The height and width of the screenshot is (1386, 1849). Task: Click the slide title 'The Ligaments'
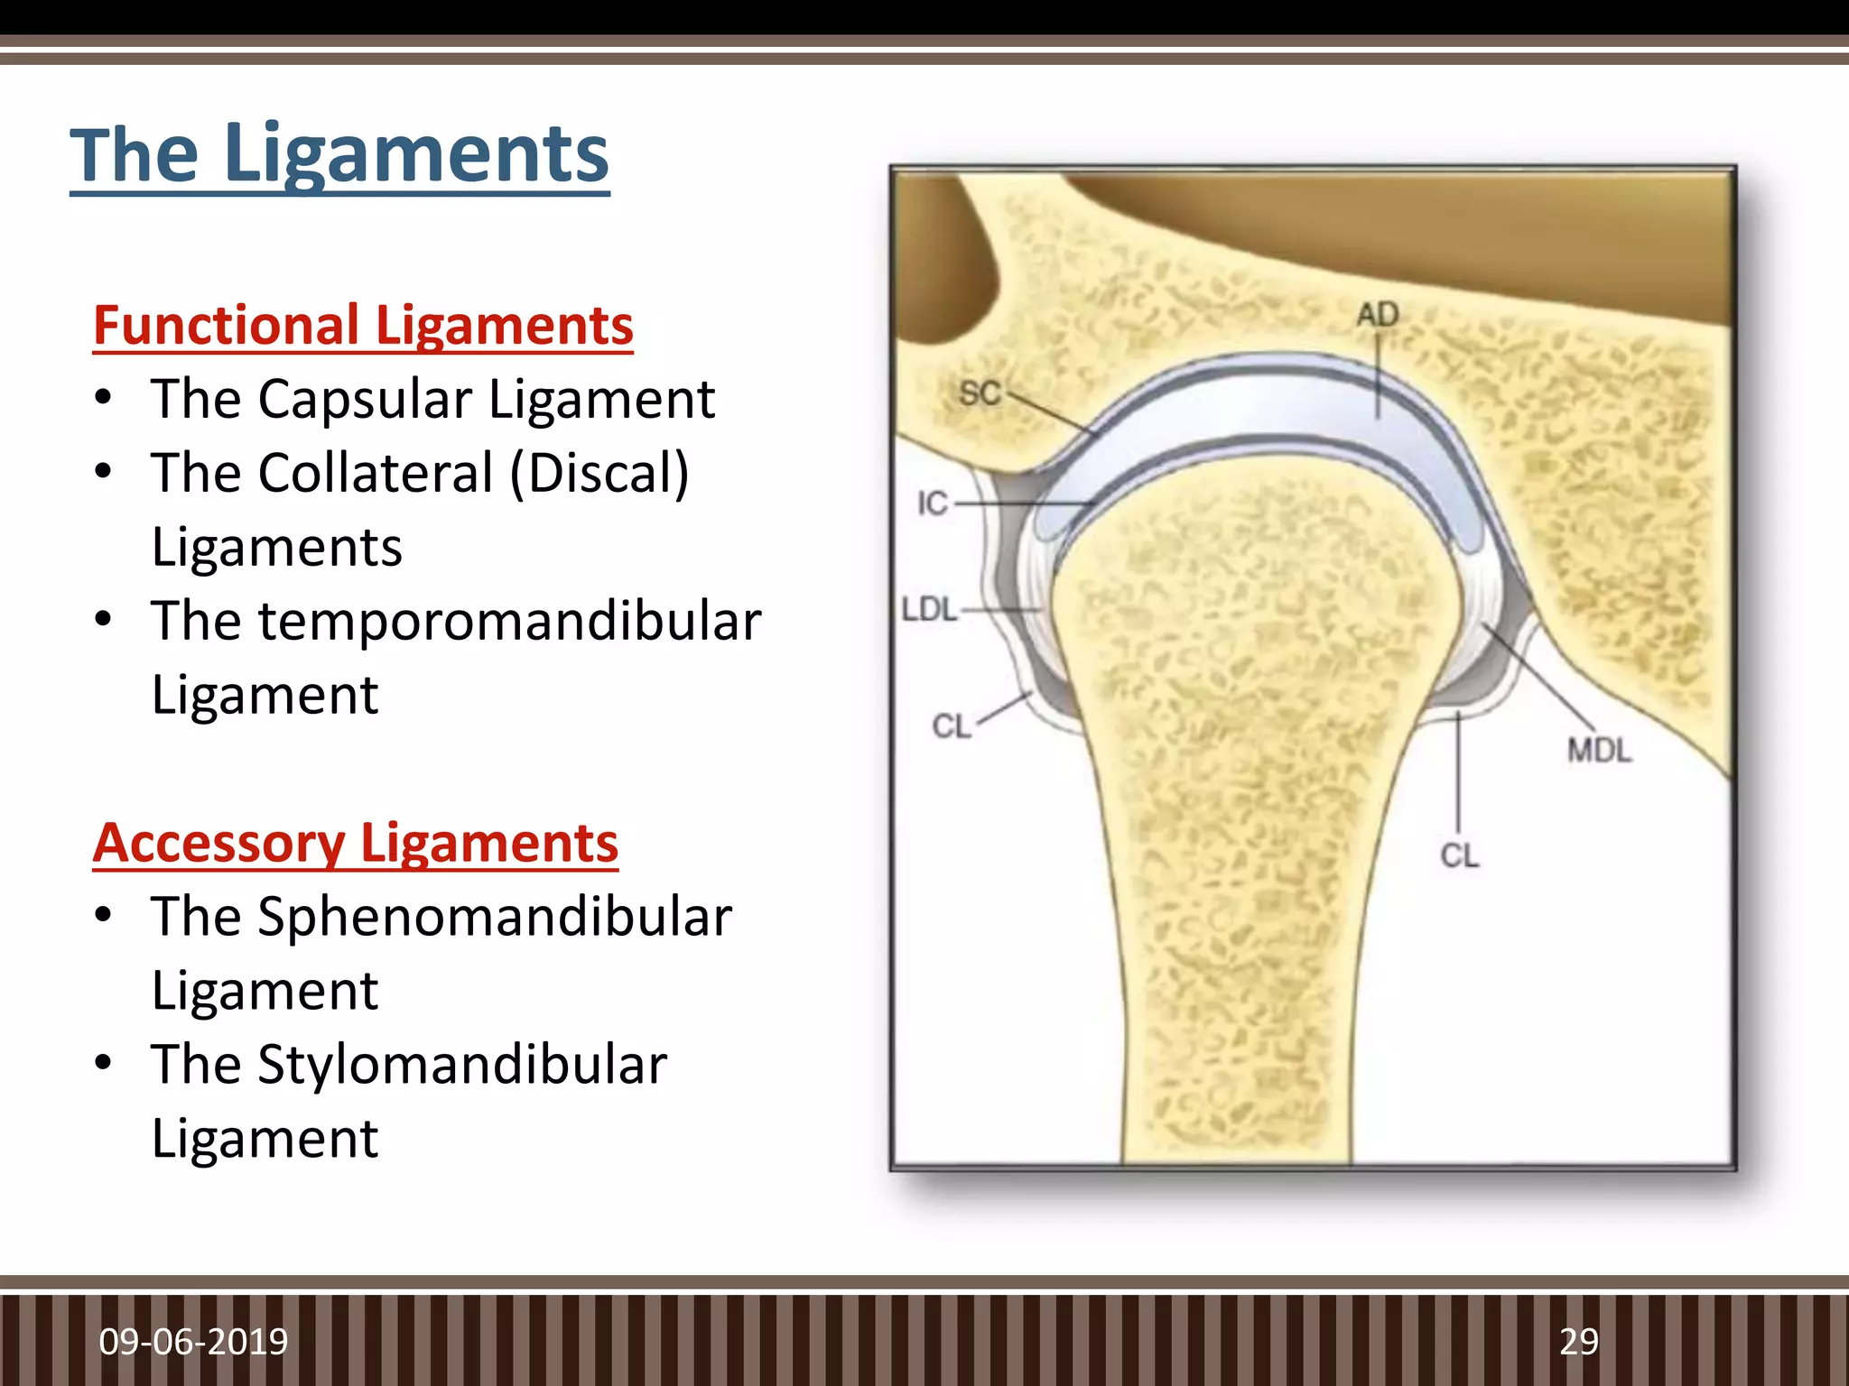coord(339,155)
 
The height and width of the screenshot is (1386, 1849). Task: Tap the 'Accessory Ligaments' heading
coord(355,843)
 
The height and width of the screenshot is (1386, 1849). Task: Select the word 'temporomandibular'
coord(509,621)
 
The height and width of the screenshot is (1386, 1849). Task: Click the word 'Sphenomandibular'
coord(495,917)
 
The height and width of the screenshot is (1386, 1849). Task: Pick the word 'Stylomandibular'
coord(462,1065)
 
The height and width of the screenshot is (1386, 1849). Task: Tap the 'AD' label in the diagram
coord(1378,314)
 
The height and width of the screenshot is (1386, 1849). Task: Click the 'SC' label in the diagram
coord(980,393)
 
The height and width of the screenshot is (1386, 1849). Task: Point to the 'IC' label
coord(933,503)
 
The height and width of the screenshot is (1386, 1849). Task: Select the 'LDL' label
coord(929,609)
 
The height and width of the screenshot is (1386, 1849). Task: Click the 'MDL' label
coord(1599,750)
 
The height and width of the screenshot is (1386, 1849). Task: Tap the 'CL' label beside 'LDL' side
coord(951,725)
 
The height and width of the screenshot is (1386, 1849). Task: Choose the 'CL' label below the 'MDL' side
coord(1459,855)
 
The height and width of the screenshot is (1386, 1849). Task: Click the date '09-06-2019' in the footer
coord(193,1342)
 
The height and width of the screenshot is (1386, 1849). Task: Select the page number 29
coord(1578,1342)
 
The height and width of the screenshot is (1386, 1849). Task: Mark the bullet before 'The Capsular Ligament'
coord(104,398)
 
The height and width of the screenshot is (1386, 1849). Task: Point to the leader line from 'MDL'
coord(1539,677)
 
